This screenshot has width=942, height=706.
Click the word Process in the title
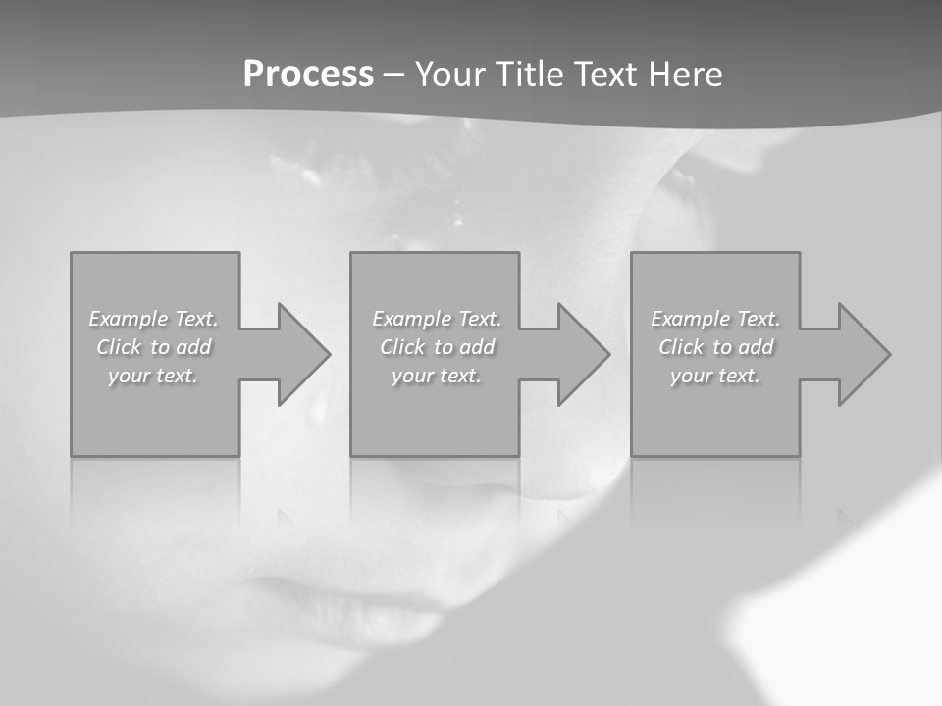coord(308,75)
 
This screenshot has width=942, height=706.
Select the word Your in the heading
coord(449,75)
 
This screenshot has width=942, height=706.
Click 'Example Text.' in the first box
coord(153,319)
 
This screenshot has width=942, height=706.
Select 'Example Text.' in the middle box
coord(436,319)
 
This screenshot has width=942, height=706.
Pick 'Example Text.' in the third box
coord(715,319)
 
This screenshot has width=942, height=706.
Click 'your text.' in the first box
coord(153,376)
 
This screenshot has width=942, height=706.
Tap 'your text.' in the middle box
coord(436,376)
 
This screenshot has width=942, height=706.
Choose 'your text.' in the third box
coord(715,376)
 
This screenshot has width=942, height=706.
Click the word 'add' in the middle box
coord(477,347)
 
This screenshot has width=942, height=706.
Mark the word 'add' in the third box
coord(756,347)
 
